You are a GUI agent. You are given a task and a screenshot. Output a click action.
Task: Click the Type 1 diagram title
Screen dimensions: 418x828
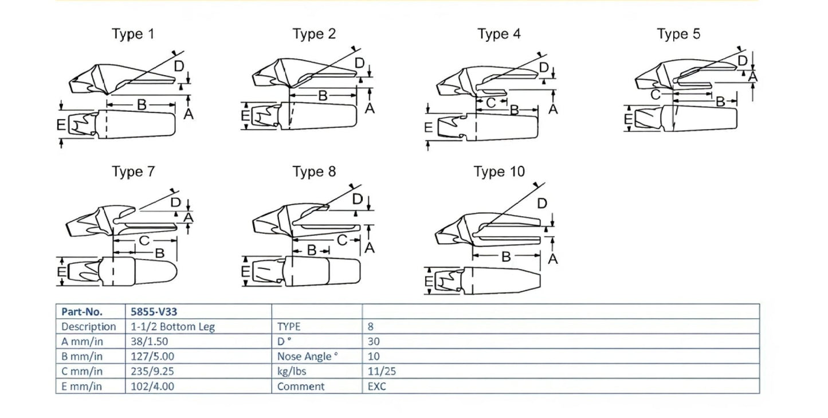click(133, 34)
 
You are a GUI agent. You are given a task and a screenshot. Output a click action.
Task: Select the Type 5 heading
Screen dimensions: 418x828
click(678, 34)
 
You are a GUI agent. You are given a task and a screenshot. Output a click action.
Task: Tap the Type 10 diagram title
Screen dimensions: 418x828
click(499, 172)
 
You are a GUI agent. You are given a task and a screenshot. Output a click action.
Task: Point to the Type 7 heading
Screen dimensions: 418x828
click(133, 172)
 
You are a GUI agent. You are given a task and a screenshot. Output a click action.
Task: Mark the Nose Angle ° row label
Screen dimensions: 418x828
click(307, 357)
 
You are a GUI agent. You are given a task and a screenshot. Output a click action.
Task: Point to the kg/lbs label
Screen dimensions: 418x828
click(292, 372)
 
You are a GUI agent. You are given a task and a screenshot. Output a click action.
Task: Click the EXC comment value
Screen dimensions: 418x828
click(377, 386)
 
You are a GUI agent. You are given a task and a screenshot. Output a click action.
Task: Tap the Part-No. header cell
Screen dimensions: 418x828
click(83, 312)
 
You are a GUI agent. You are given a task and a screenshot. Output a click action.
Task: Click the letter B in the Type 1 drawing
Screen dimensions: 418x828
click(142, 105)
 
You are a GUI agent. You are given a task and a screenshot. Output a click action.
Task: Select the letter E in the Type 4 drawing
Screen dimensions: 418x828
click(428, 127)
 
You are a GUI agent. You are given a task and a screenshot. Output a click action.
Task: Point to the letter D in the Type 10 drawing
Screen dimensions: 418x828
click(541, 204)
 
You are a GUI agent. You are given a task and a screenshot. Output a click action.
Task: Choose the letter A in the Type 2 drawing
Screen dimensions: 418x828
click(370, 107)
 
